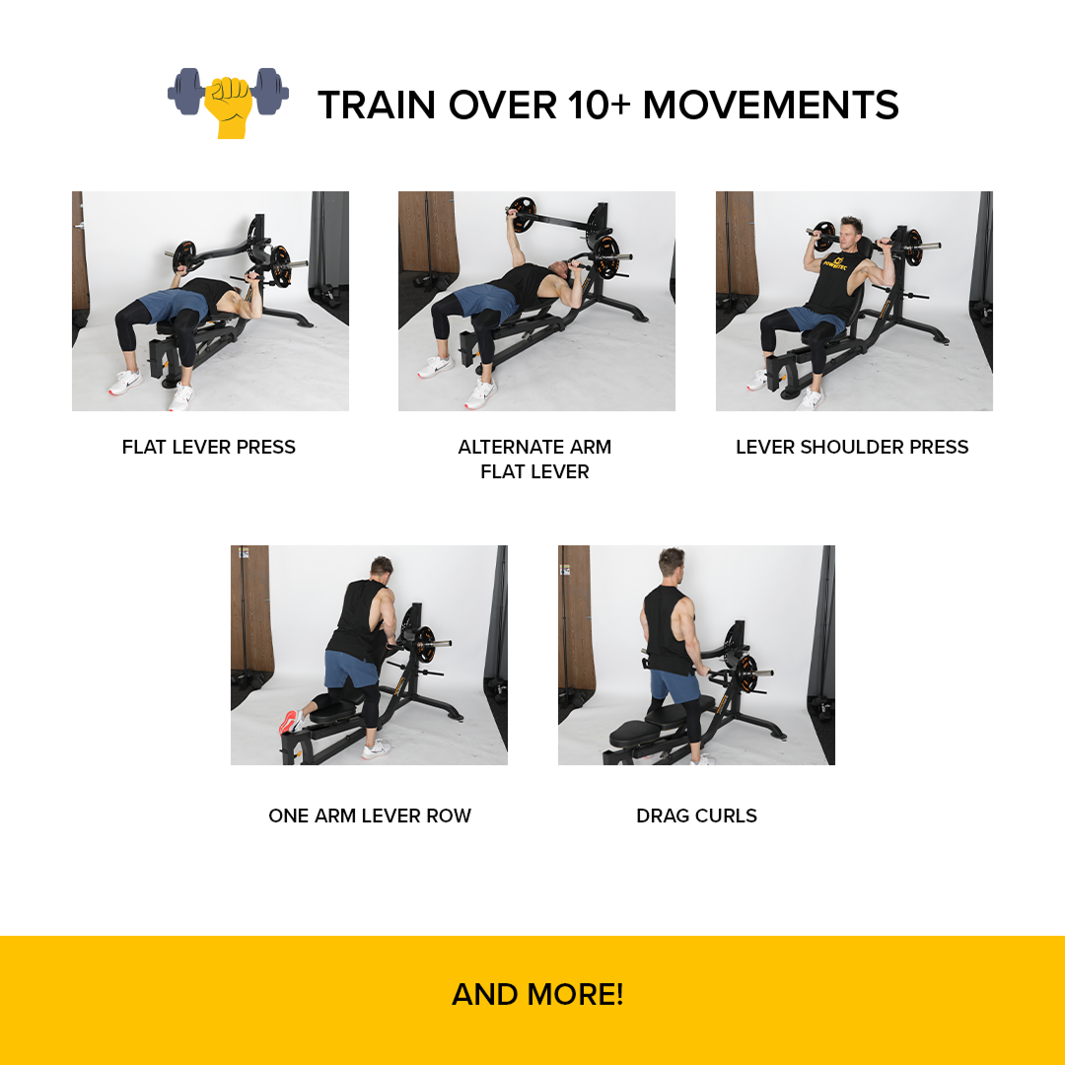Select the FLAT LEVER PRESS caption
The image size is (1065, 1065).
(209, 448)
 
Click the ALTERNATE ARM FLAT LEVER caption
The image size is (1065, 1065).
(534, 460)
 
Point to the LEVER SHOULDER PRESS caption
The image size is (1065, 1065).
(852, 448)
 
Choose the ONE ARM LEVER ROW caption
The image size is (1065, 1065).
(370, 816)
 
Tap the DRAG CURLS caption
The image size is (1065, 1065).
(696, 816)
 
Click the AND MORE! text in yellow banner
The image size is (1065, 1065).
(537, 994)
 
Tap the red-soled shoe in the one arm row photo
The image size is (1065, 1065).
(291, 722)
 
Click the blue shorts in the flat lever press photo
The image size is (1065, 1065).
(167, 305)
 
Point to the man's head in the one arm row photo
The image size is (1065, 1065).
(381, 570)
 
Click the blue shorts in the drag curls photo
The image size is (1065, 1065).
(674, 686)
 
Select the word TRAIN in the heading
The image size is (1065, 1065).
(379, 106)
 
